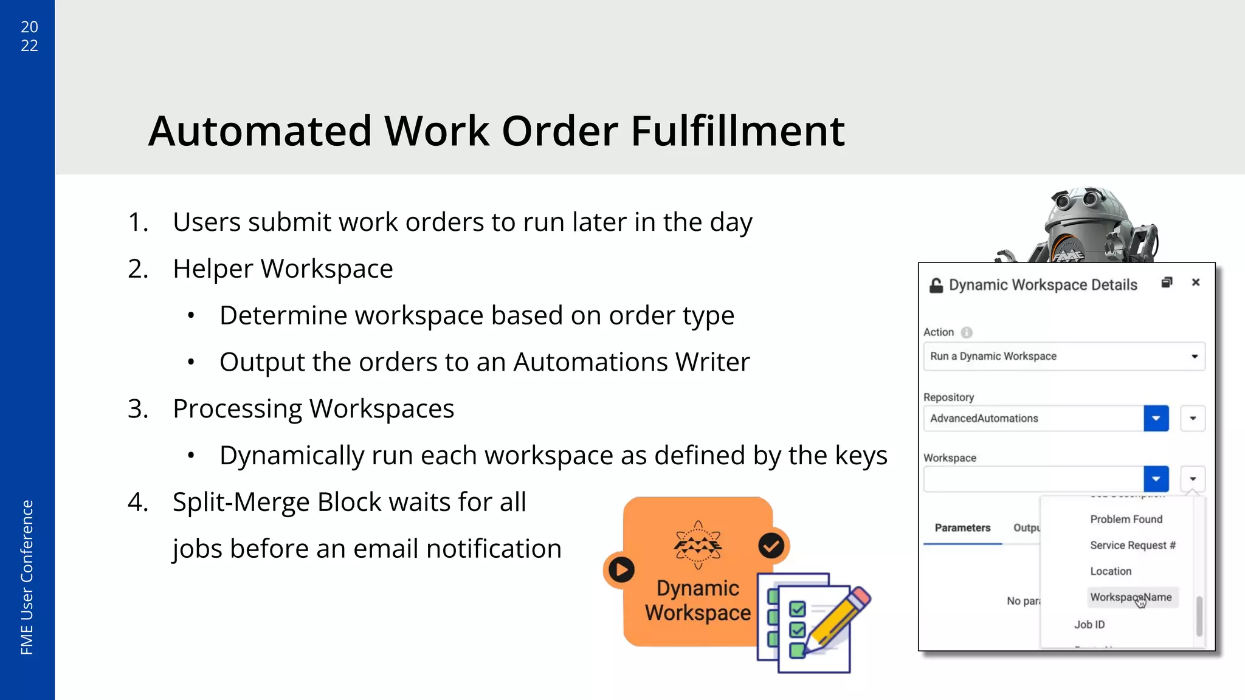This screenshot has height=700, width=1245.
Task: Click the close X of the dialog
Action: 1196,283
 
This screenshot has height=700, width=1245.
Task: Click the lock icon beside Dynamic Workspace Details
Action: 936,285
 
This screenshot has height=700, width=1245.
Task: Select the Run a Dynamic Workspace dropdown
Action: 1064,357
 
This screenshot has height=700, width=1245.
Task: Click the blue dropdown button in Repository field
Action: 1156,419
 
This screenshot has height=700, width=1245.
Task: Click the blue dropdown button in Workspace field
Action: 1156,479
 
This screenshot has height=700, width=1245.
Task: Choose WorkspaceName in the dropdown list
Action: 1131,597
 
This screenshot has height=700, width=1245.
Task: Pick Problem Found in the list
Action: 1126,520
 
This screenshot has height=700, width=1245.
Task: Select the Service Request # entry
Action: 1133,546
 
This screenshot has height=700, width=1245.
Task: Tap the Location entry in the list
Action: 1111,572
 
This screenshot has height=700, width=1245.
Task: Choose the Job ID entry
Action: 1089,625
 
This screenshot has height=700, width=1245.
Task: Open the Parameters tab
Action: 962,528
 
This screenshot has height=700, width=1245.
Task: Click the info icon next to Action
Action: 967,332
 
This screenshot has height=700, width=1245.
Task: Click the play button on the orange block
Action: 621,570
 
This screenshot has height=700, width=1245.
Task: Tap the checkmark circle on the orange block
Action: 771,546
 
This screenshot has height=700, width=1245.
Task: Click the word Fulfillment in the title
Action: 737,131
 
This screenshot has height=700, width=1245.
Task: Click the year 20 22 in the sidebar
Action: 29,36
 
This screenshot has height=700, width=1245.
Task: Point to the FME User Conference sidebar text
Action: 27,577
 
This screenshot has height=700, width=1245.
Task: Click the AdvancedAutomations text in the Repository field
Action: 984,419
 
